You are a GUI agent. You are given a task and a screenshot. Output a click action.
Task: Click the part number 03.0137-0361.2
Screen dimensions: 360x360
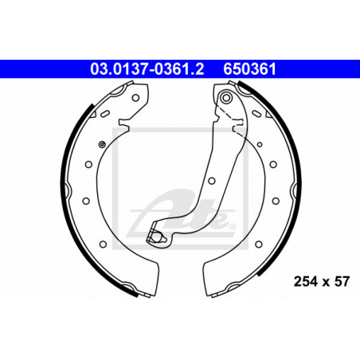tap(147, 69)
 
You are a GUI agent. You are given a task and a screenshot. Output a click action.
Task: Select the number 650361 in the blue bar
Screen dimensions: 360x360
tap(249, 69)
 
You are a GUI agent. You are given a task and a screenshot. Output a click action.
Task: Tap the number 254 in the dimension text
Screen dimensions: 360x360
tap(306, 281)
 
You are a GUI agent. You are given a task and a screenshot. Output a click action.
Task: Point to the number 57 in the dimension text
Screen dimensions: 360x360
tap(342, 281)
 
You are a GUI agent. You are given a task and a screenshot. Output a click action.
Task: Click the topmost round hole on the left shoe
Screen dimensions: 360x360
tap(135, 98)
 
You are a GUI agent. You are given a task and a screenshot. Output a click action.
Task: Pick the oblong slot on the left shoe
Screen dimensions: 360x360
tap(105, 114)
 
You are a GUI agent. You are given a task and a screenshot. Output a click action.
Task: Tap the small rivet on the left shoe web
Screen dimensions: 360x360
tap(102, 144)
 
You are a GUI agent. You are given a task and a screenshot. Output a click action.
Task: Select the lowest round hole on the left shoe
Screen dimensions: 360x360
tap(103, 245)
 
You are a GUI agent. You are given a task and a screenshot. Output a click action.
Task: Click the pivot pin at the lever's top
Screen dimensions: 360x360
tap(226, 98)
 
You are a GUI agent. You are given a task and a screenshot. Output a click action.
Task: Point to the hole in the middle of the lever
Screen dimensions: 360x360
tap(212, 181)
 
